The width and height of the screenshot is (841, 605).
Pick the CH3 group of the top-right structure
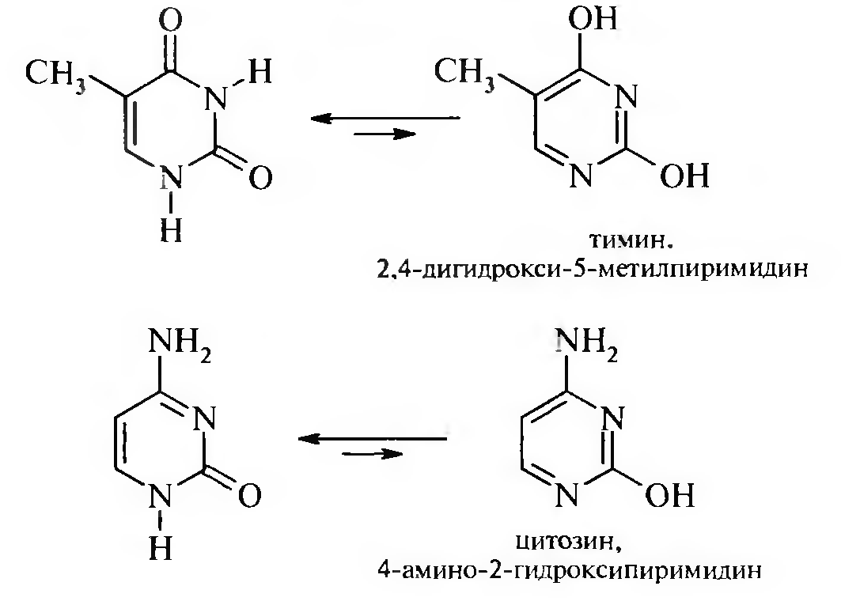464,73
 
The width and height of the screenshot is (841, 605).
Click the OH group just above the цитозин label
669,496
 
